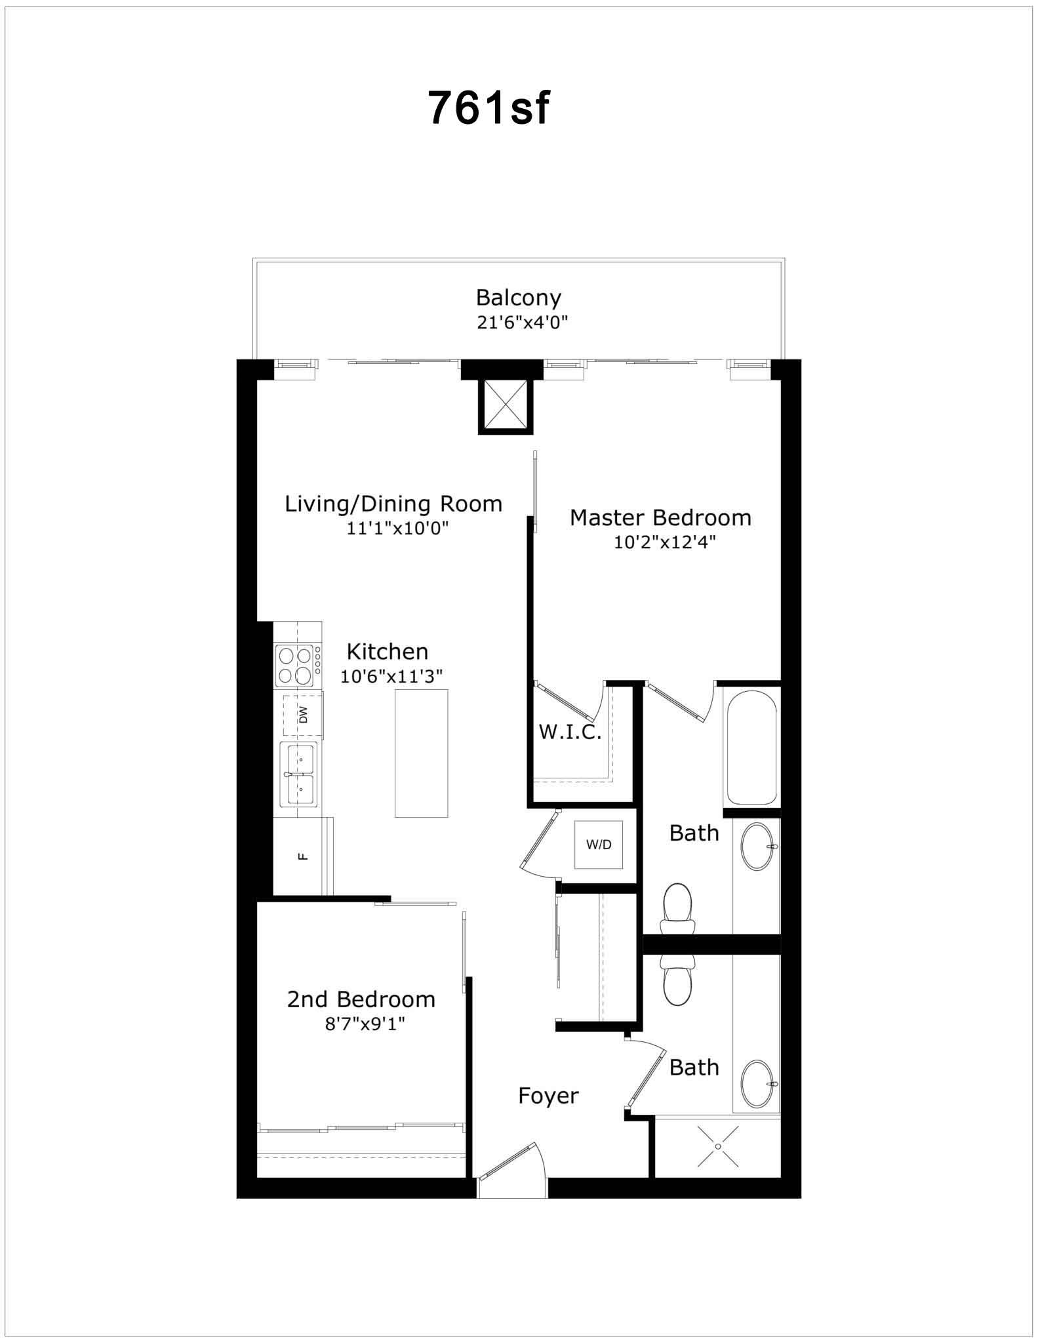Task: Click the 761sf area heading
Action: point(489,107)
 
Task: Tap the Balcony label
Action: point(519,298)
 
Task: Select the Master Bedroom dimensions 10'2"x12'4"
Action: point(664,542)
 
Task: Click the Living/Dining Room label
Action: point(393,504)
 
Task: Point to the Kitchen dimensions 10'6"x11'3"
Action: point(391,676)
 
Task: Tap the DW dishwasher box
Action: point(303,714)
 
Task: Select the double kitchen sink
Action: point(299,774)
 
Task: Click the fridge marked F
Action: point(303,856)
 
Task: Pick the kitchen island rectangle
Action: point(421,753)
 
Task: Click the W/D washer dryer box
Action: point(598,845)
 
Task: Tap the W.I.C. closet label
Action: point(570,732)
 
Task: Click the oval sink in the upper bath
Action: point(759,846)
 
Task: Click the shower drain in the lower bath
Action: point(718,1146)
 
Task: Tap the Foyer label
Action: point(548,1095)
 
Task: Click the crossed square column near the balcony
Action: point(506,406)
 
